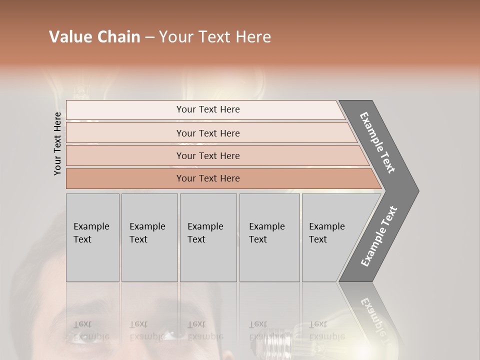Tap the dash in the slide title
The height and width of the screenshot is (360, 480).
pyautogui.click(x=149, y=37)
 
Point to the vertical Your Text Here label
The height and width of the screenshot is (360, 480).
pyautogui.click(x=57, y=143)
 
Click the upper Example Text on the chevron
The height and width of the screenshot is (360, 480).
pyautogui.click(x=378, y=142)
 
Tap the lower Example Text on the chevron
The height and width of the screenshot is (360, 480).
pyautogui.click(x=379, y=236)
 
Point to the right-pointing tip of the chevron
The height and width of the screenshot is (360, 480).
pyautogui.click(x=416, y=190)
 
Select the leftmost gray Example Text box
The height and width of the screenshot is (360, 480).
pyautogui.click(x=92, y=237)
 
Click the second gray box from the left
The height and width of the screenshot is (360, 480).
pyautogui.click(x=149, y=237)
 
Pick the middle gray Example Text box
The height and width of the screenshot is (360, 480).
pyautogui.click(x=208, y=237)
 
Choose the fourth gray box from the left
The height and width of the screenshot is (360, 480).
pyautogui.click(x=269, y=237)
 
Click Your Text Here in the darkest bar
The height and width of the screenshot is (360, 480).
pyautogui.click(x=208, y=178)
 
